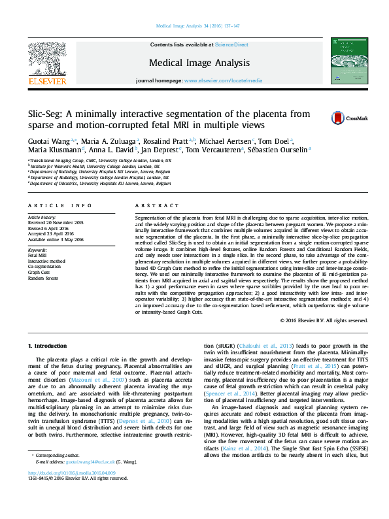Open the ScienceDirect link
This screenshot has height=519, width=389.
[232, 44]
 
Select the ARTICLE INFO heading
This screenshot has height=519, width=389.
[59, 205]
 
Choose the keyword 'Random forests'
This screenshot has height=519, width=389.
[43, 278]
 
